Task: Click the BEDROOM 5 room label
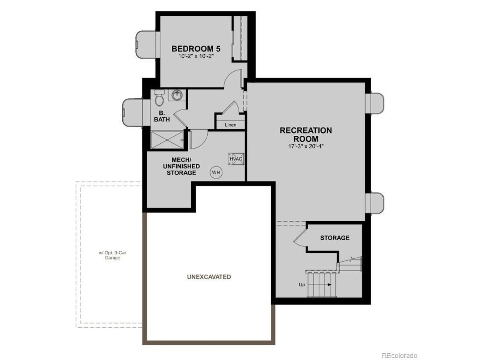(196, 49)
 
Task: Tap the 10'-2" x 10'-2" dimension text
(196, 56)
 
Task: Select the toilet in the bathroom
(159, 98)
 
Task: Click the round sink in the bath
(177, 95)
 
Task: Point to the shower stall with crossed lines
(167, 140)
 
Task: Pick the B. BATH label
(162, 116)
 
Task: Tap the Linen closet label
(231, 125)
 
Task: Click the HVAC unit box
(236, 159)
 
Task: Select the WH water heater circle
(216, 172)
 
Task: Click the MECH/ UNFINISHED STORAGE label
(181, 166)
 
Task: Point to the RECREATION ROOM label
(306, 135)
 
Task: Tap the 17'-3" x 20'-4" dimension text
(306, 146)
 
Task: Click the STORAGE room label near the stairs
(335, 238)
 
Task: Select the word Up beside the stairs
(302, 285)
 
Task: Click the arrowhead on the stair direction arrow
(330, 285)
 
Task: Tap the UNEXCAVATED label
(209, 277)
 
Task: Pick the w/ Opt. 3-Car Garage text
(112, 255)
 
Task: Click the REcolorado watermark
(399, 355)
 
